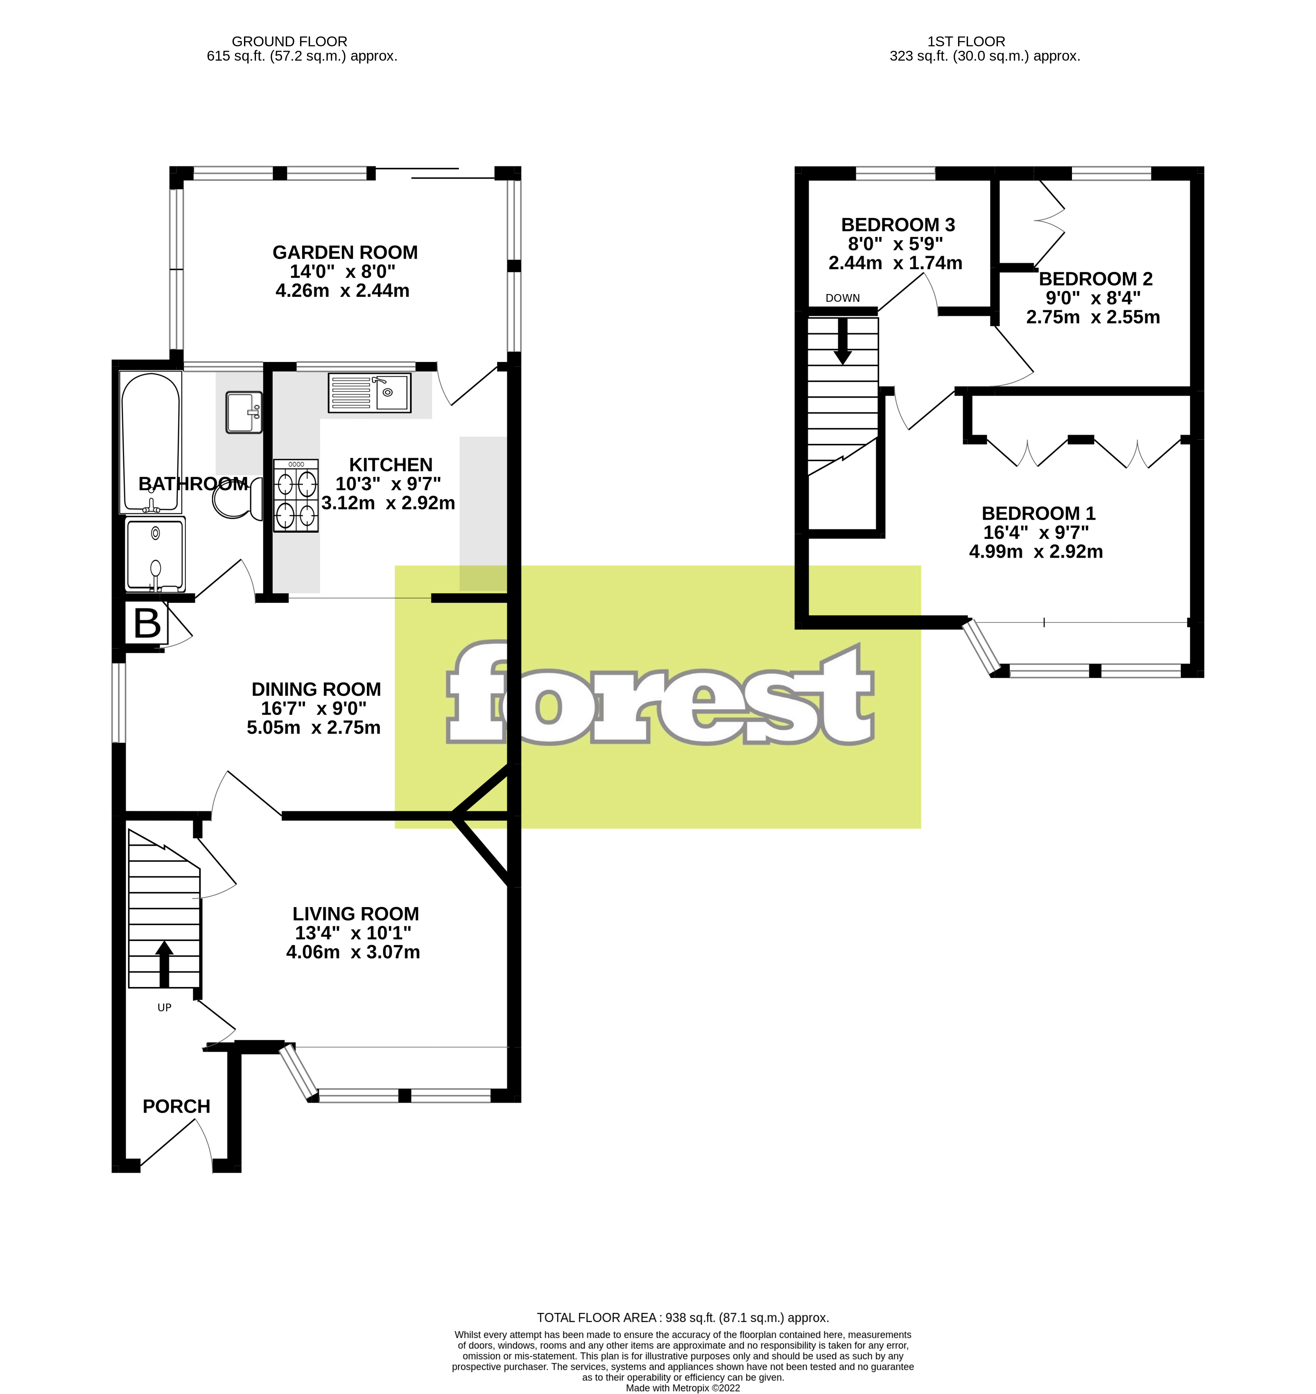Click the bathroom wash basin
click(243, 412)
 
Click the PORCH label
click(176, 1107)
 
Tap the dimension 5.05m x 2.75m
click(314, 728)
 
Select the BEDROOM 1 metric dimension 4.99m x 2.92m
click(1036, 552)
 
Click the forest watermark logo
click(659, 695)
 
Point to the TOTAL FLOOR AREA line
click(683, 1317)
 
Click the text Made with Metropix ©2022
click(683, 1388)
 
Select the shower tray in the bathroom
click(155, 554)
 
